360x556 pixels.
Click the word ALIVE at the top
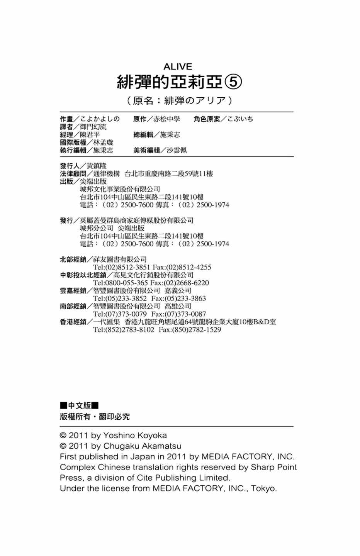coord(178,66)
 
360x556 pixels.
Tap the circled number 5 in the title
coord(234,81)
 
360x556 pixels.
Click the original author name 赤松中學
coord(166,119)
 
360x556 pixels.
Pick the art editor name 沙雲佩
coord(177,151)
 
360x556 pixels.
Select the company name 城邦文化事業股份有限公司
coord(120,189)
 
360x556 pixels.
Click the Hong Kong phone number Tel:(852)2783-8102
coord(124,330)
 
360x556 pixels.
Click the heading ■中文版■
coord(79,405)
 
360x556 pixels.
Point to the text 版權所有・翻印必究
coord(95,417)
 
